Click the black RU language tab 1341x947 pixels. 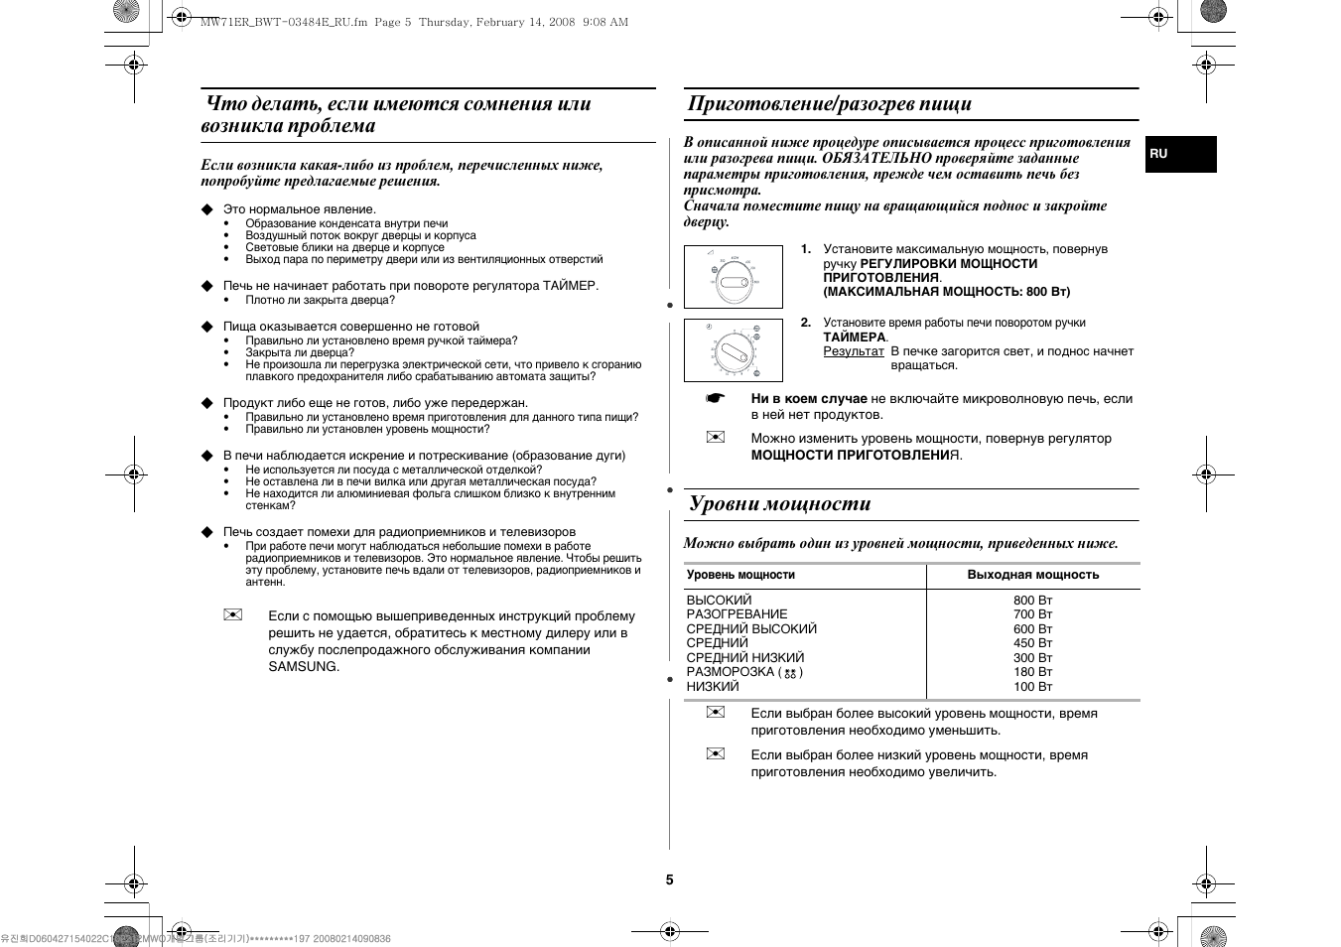1180,154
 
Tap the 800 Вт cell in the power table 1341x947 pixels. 1032,601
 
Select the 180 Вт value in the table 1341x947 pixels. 1032,672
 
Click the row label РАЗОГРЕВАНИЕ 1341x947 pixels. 737,614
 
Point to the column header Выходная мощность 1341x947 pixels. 1033,575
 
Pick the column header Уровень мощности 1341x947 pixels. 740,575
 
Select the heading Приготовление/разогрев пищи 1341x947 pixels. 829,104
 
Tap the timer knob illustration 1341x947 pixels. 733,350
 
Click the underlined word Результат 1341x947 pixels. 853,351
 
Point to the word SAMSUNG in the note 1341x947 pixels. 303,667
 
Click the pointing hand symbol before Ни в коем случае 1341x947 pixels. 716,399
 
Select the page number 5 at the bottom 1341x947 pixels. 669,879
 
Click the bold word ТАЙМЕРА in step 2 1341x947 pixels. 854,338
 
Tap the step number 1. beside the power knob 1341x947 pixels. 806,249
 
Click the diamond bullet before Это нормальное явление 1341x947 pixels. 207,209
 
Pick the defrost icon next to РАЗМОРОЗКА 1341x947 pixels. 790,673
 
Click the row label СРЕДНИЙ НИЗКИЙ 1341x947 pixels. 744,658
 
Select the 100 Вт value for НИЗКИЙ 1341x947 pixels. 1032,687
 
